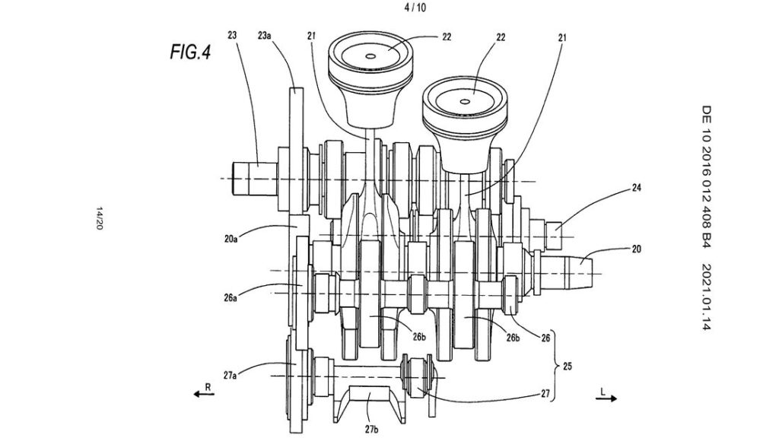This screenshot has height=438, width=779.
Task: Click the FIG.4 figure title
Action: [x=190, y=52]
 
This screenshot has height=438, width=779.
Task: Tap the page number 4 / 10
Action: [x=415, y=8]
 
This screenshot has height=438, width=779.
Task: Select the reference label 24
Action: [x=637, y=188]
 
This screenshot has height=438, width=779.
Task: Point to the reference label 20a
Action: [x=231, y=239]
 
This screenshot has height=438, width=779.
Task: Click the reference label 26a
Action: [x=231, y=298]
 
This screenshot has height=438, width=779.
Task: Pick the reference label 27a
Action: [x=230, y=376]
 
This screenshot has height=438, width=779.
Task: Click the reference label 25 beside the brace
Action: [x=568, y=367]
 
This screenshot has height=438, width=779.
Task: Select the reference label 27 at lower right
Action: [x=545, y=394]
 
